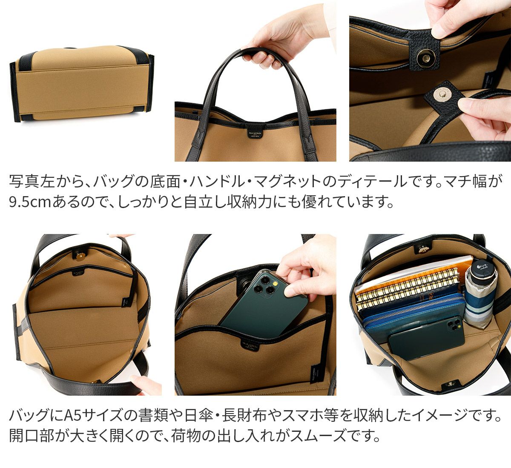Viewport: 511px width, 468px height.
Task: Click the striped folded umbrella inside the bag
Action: [481, 296]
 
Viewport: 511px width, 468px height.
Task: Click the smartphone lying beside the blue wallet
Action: [426, 336]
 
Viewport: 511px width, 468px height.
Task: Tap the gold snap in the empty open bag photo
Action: [80, 255]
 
